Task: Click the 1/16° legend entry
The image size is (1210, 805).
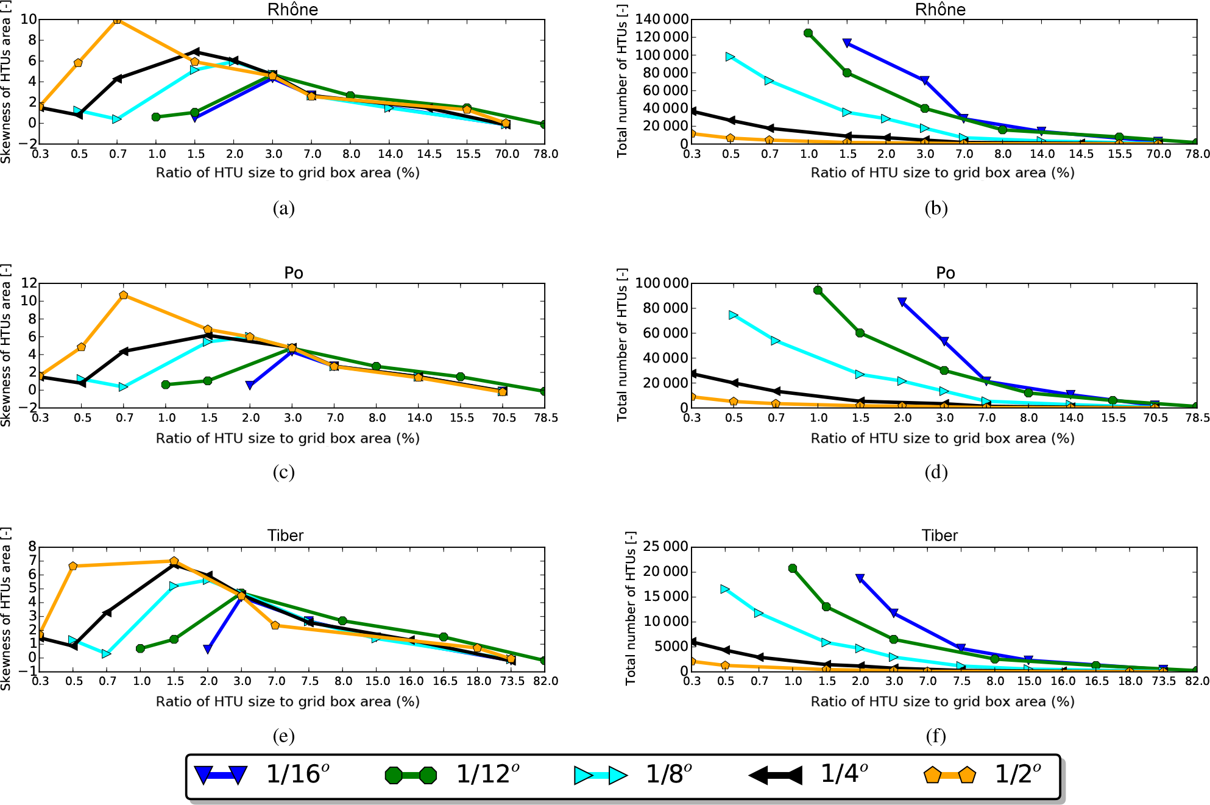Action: point(262,775)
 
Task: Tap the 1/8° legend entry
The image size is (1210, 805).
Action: point(634,775)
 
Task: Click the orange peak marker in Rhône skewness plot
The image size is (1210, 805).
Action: point(117,20)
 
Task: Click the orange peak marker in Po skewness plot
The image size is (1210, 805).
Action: point(124,295)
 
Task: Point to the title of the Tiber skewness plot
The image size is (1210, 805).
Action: point(285,536)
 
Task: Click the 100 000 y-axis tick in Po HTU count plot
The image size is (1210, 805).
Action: point(662,283)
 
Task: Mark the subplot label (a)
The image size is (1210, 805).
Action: point(284,208)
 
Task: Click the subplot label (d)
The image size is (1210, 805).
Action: point(936,472)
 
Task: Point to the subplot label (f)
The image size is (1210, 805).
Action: point(936,736)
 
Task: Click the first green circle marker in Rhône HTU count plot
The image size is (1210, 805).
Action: point(808,33)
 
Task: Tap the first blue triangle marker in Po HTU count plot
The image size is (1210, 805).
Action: point(902,302)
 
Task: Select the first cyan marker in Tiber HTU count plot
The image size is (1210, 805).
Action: point(725,589)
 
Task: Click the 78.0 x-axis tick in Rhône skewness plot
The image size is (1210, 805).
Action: point(545,154)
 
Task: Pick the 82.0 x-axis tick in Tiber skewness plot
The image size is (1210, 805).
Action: point(545,681)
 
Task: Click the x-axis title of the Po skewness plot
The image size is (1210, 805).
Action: point(288,438)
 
